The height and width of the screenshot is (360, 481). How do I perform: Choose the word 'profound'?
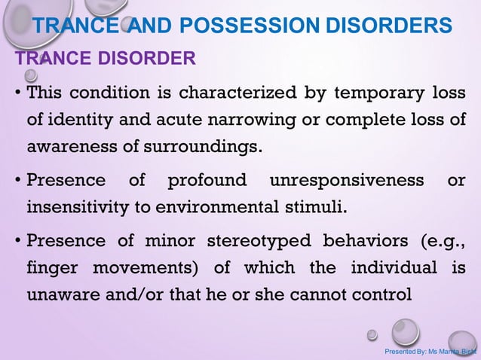tap(207, 182)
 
